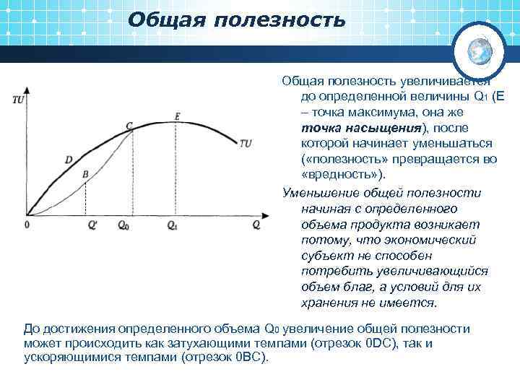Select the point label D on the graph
68,159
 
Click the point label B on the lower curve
85,174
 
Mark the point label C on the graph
129,126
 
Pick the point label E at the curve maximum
177,116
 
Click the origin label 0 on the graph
27,225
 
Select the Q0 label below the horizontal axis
123,225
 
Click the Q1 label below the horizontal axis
172,225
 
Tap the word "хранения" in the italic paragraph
324,302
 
